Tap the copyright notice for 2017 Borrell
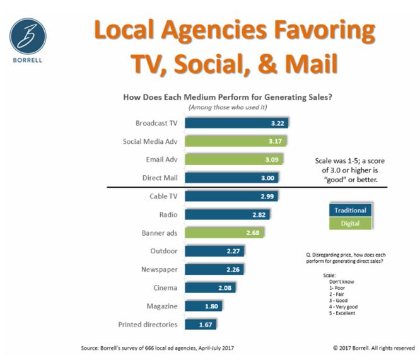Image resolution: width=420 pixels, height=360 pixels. (373, 347)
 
